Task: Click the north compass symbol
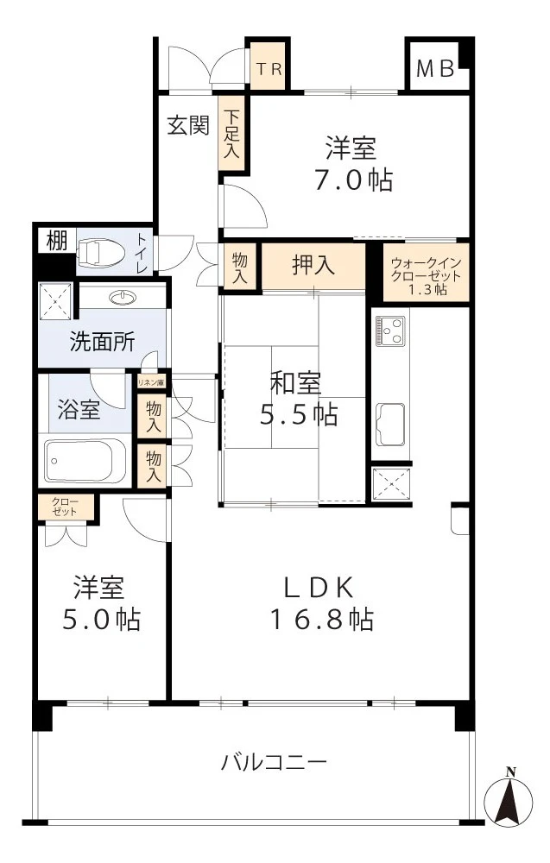point(510,799)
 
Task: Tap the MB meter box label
point(436,69)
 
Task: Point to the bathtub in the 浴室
point(85,463)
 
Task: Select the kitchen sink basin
point(390,424)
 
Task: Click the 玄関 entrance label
point(188,126)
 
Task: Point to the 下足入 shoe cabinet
point(231,132)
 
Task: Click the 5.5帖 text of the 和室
point(299,414)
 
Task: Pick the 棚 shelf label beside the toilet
point(56,242)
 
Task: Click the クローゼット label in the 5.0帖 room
point(65,507)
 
